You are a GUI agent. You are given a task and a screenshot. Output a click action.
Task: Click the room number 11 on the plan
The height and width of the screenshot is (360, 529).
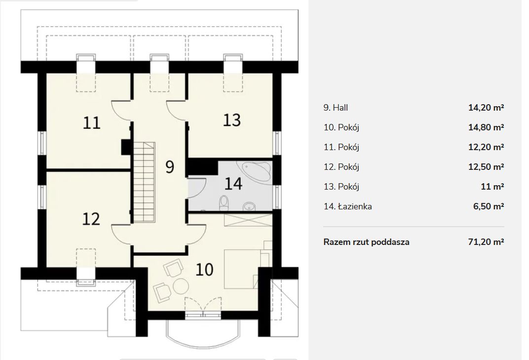[92, 123]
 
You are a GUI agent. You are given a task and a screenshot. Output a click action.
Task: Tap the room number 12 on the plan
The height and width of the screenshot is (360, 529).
[91, 219]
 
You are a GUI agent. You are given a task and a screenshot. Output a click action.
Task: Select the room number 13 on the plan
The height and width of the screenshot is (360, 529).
[232, 120]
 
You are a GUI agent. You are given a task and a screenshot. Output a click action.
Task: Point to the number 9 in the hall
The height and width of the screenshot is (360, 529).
[170, 167]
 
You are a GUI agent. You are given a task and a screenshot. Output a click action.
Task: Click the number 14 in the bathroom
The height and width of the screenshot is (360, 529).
[233, 184]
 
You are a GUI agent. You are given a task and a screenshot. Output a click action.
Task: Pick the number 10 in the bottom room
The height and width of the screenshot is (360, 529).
[204, 270]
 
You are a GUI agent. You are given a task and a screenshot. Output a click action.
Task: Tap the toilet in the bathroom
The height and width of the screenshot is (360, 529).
[224, 203]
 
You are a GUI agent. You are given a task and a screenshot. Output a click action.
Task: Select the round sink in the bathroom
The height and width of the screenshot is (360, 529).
[249, 206]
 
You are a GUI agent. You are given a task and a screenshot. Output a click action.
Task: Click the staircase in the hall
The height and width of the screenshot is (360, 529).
[145, 182]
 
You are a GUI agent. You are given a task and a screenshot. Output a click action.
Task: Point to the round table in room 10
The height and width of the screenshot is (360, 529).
[181, 286]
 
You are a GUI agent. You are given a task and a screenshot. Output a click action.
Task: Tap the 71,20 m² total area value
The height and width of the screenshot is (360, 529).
[486, 242]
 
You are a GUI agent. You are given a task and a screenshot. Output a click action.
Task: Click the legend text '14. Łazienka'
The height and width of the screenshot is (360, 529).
[347, 206]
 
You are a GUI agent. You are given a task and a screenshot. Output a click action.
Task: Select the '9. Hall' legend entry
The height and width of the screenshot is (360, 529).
[336, 108]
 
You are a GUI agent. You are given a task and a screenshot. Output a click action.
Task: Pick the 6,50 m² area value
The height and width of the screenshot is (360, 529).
[489, 206]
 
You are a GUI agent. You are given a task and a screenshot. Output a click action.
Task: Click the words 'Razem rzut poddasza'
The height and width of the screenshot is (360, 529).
[366, 242]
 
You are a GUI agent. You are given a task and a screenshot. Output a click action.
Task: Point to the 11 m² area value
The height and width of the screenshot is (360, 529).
[492, 186]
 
